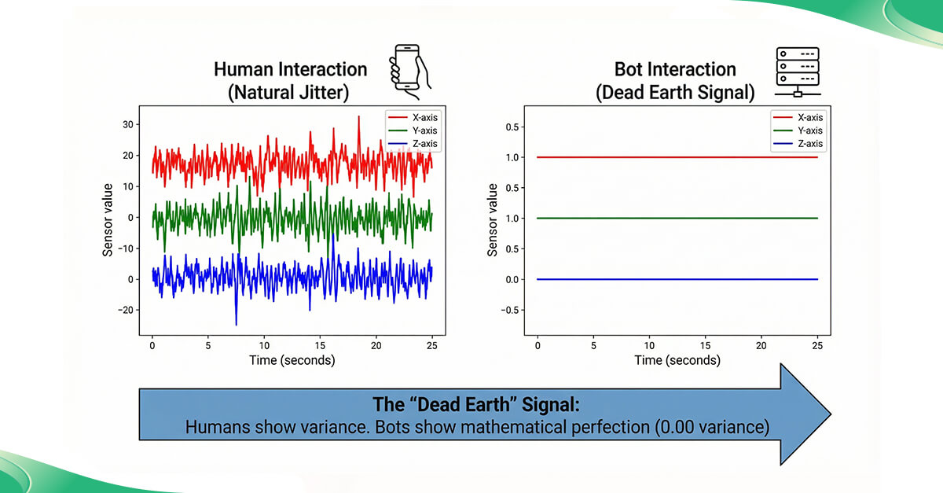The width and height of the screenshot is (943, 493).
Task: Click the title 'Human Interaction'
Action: point(290,69)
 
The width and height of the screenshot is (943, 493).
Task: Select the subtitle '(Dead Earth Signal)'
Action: point(674,92)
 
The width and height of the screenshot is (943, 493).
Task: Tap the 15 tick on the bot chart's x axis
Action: point(705,345)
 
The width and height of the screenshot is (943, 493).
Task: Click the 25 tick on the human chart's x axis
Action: point(431,345)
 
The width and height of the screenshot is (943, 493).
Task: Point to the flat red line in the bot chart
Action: point(676,157)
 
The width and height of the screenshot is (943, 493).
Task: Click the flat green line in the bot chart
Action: point(676,218)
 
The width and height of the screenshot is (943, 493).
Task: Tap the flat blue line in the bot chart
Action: point(676,279)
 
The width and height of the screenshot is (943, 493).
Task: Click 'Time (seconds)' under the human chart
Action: point(292,360)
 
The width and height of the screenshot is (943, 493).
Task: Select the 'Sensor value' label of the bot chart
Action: point(494,219)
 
